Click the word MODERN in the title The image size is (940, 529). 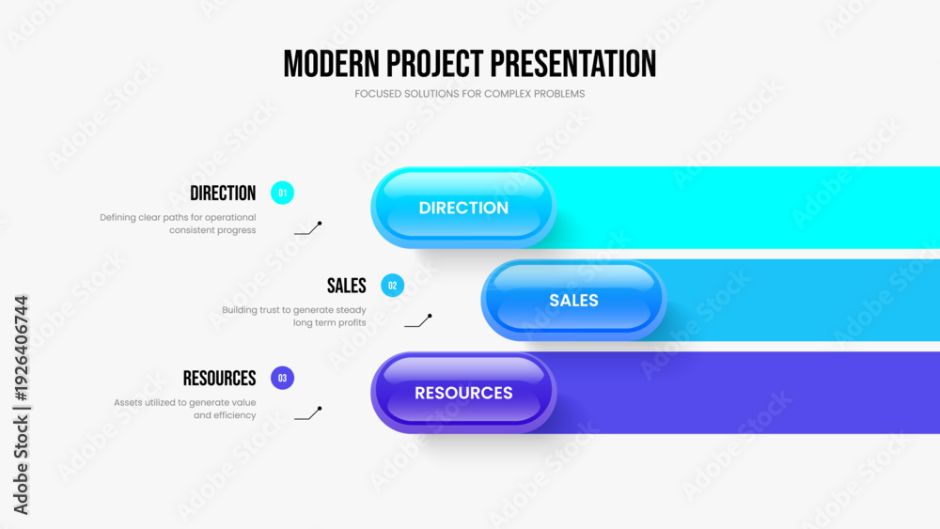[x=327, y=63]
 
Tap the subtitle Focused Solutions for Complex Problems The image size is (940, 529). [x=469, y=94]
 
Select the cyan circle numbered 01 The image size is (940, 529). [x=282, y=193]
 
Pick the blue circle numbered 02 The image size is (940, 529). [x=392, y=286]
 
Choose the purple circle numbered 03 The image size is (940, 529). [x=282, y=378]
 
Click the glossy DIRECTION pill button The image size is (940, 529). [x=463, y=208]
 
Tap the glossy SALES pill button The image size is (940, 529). [x=573, y=300]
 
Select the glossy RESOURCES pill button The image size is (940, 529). [x=463, y=393]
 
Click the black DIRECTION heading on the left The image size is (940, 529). [x=223, y=194]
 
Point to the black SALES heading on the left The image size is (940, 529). [x=347, y=286]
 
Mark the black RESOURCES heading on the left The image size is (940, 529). [x=219, y=378]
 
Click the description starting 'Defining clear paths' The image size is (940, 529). [x=178, y=224]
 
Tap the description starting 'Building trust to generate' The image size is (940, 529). [x=294, y=316]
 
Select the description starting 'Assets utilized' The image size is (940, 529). [x=185, y=409]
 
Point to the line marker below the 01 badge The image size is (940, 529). [x=307, y=228]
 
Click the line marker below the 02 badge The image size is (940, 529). [x=417, y=321]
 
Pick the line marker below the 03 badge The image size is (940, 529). [x=307, y=413]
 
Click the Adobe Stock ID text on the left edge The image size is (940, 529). [x=21, y=404]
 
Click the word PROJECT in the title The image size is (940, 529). [x=430, y=63]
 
